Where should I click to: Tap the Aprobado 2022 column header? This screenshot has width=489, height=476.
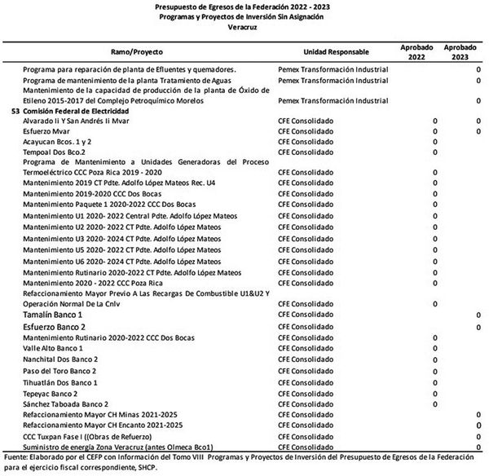[x=416, y=51]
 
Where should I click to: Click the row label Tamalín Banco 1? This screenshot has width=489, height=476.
[x=53, y=314]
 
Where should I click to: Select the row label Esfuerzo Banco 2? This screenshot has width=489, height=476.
[x=56, y=326]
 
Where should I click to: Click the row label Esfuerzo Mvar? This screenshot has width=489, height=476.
[x=46, y=130]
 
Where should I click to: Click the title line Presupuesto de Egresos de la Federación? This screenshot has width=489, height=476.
[x=244, y=6]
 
